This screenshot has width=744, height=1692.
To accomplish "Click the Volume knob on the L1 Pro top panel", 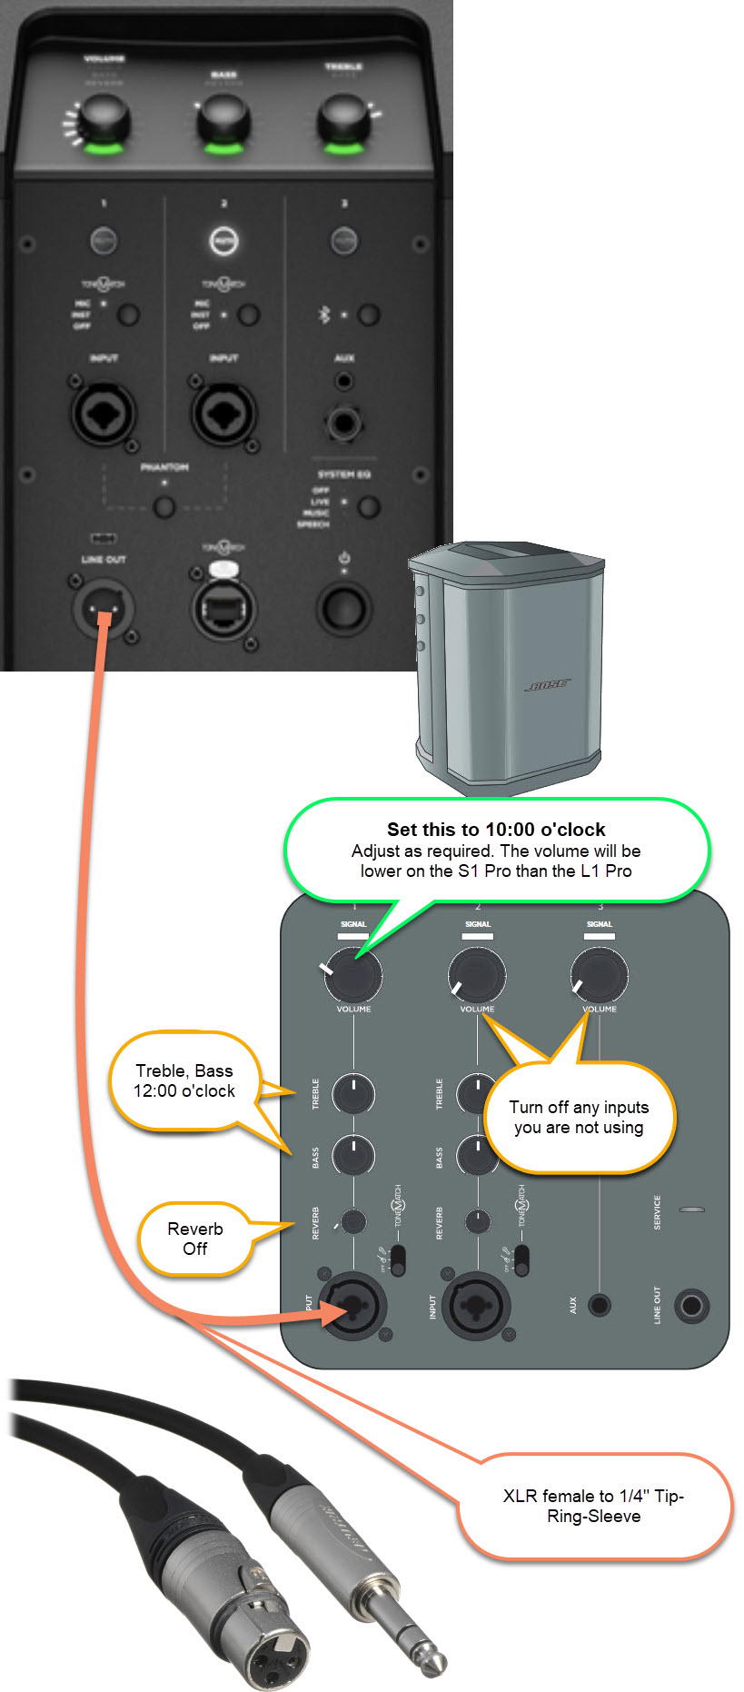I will [x=103, y=122].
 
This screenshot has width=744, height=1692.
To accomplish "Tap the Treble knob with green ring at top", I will [x=342, y=122].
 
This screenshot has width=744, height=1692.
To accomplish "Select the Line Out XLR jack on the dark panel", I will [x=103, y=608].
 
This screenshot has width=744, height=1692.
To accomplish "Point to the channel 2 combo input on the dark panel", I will [x=223, y=414].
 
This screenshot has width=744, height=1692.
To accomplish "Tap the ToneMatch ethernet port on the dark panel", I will [x=223, y=608].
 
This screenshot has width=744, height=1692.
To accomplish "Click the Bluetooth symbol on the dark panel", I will [x=323, y=314].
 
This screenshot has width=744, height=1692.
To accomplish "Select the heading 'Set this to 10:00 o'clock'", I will [x=496, y=829].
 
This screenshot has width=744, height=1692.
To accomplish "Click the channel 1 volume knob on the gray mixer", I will [x=353, y=974].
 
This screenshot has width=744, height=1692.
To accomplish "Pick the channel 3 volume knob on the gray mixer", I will [x=599, y=974].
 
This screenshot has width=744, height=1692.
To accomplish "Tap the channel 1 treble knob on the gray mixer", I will [x=353, y=1093].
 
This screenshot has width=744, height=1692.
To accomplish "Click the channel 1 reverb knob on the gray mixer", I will [x=353, y=1221].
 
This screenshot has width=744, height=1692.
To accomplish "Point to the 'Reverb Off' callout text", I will [x=194, y=1239].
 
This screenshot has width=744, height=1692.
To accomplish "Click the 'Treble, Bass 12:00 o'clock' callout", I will [x=184, y=1080].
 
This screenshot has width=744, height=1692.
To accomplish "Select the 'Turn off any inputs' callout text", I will [x=579, y=1117].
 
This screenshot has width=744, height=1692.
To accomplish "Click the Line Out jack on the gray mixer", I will [x=691, y=1306].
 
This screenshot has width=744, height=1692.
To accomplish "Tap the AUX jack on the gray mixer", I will [x=599, y=1306].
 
